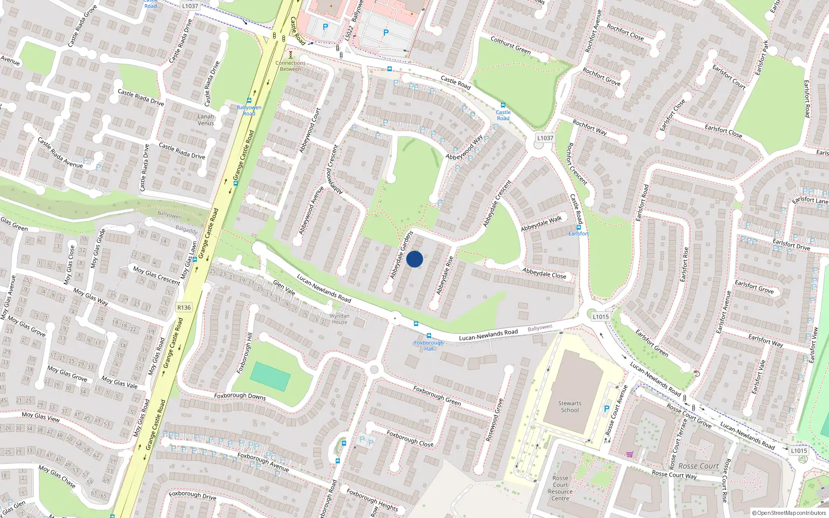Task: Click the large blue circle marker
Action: [414, 259]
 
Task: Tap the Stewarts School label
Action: [570, 407]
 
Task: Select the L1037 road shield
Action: [545, 138]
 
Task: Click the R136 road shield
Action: [184, 307]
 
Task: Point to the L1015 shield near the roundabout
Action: [601, 316]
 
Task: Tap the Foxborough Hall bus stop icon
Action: [428, 336]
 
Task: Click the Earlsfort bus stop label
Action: [578, 234]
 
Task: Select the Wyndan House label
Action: [340, 319]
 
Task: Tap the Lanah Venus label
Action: [206, 120]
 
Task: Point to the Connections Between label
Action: [290, 66]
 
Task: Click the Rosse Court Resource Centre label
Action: [560, 488]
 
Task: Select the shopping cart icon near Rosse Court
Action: [630, 454]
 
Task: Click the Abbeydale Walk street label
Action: [541, 223]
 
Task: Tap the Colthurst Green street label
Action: [510, 45]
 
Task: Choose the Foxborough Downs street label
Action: [240, 396]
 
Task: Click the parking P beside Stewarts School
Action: [607, 409]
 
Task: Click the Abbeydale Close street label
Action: [544, 273]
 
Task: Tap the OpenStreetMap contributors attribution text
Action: [789, 513]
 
